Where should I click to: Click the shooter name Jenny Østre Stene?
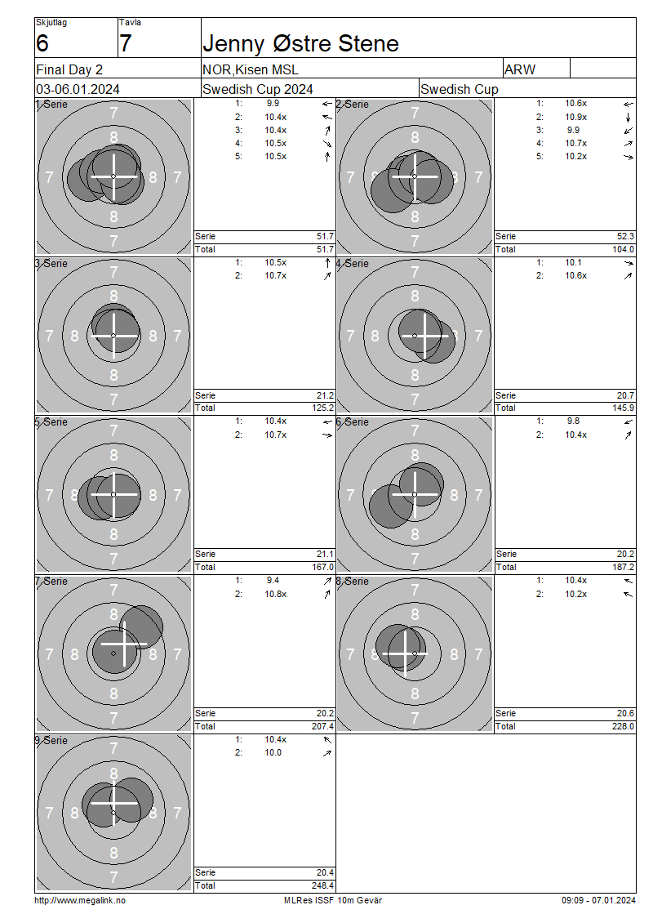tap(300, 43)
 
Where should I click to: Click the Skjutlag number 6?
tap(42, 43)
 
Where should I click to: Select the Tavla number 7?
tap(126, 43)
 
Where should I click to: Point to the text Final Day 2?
tap(69, 69)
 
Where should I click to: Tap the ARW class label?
tap(520, 69)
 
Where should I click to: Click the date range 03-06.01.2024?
tap(78, 89)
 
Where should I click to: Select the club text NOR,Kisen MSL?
tap(250, 69)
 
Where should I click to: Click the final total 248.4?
tap(323, 885)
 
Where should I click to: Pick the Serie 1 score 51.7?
tap(326, 236)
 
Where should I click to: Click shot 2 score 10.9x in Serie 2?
tap(576, 117)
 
